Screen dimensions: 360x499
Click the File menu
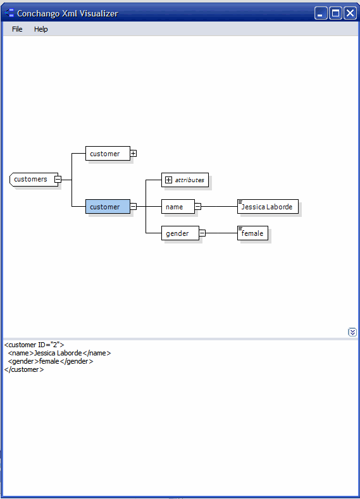17,29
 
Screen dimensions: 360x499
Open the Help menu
40,29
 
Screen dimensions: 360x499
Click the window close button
350,13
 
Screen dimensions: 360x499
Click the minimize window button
321,13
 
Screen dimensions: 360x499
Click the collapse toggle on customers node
58,180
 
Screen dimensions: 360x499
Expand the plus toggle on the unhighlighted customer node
133,154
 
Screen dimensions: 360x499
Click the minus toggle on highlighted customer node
133,207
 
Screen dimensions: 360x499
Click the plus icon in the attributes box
168,180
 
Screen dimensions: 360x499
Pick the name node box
178,207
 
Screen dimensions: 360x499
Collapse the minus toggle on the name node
198,207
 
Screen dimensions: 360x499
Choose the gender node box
180,233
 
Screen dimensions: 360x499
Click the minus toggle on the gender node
202,233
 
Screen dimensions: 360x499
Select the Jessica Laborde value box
268,207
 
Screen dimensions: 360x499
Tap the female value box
252,233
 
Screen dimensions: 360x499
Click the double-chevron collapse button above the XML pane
352,332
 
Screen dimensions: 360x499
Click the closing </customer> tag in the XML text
24,369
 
